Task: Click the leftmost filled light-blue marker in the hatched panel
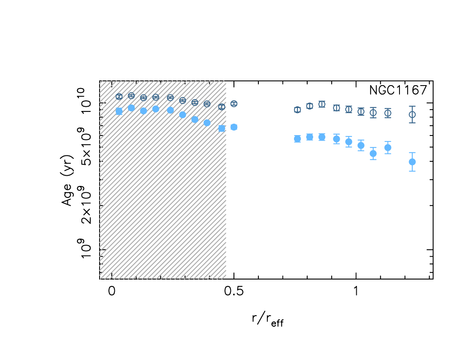pos(119,111)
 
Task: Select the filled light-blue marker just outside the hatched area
pos(234,127)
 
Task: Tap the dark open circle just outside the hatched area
pos(234,103)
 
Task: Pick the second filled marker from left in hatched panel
pos(131,108)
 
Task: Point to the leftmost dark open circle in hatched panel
pos(119,97)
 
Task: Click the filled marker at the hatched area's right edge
pos(222,128)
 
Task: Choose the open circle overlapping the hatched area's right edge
pos(222,107)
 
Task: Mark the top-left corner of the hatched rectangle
pos(100,81)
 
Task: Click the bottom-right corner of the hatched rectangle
pos(226,279)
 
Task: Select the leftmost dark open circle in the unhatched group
pos(297,110)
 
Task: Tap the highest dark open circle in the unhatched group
pos(322,104)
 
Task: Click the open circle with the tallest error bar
pos(412,114)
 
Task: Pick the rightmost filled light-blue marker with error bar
pos(412,162)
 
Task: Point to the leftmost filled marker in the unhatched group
pos(297,138)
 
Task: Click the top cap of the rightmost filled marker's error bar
pos(412,152)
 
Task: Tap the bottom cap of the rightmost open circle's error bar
pos(412,123)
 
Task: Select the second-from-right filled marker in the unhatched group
pos(388,147)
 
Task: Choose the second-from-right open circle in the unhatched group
pos(388,113)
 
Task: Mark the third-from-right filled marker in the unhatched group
pos(373,153)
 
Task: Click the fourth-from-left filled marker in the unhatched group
pos(336,139)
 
